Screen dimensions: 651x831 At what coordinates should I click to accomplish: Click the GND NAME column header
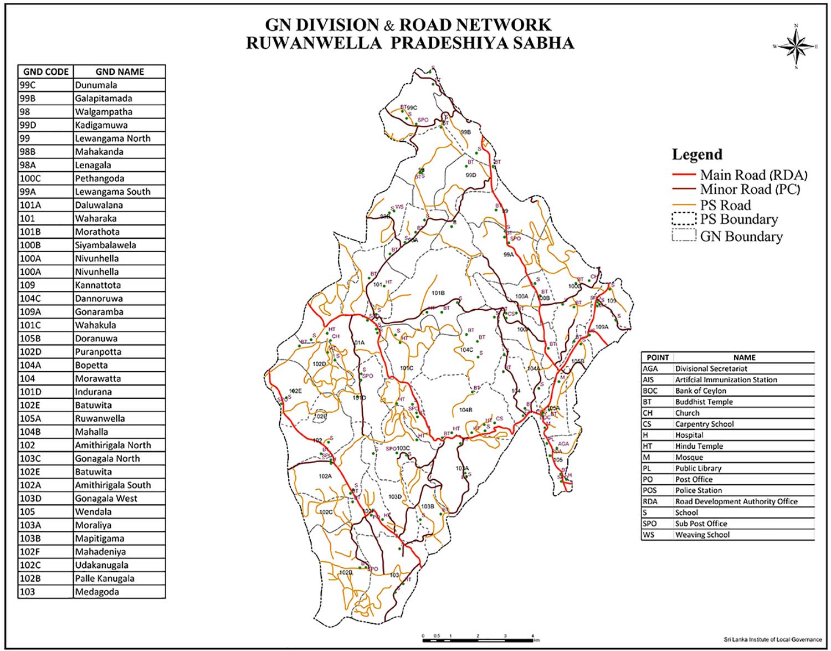(119, 71)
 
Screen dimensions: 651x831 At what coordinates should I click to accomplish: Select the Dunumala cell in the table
(96, 85)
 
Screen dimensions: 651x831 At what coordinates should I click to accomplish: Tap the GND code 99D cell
(27, 125)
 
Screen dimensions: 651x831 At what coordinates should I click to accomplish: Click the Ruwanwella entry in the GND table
(100, 418)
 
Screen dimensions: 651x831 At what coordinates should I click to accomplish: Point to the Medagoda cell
(96, 592)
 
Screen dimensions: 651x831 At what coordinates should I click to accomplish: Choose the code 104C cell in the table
(30, 299)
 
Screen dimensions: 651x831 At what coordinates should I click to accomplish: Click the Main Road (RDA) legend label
(753, 175)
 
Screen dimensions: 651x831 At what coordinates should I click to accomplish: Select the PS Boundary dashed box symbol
(684, 219)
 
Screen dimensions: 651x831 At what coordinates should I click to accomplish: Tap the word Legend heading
(697, 155)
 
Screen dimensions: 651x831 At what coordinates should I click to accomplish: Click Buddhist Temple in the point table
(704, 402)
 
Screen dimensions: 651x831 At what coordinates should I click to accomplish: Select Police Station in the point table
(698, 490)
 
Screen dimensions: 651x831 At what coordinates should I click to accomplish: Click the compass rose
(796, 47)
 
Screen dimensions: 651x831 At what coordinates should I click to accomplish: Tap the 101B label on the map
(438, 293)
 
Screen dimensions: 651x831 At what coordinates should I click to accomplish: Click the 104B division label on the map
(465, 410)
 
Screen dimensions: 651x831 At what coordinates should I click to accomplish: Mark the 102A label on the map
(325, 476)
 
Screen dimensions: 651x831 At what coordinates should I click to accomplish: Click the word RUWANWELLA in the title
(314, 43)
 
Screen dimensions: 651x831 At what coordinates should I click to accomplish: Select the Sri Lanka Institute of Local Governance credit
(772, 639)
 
